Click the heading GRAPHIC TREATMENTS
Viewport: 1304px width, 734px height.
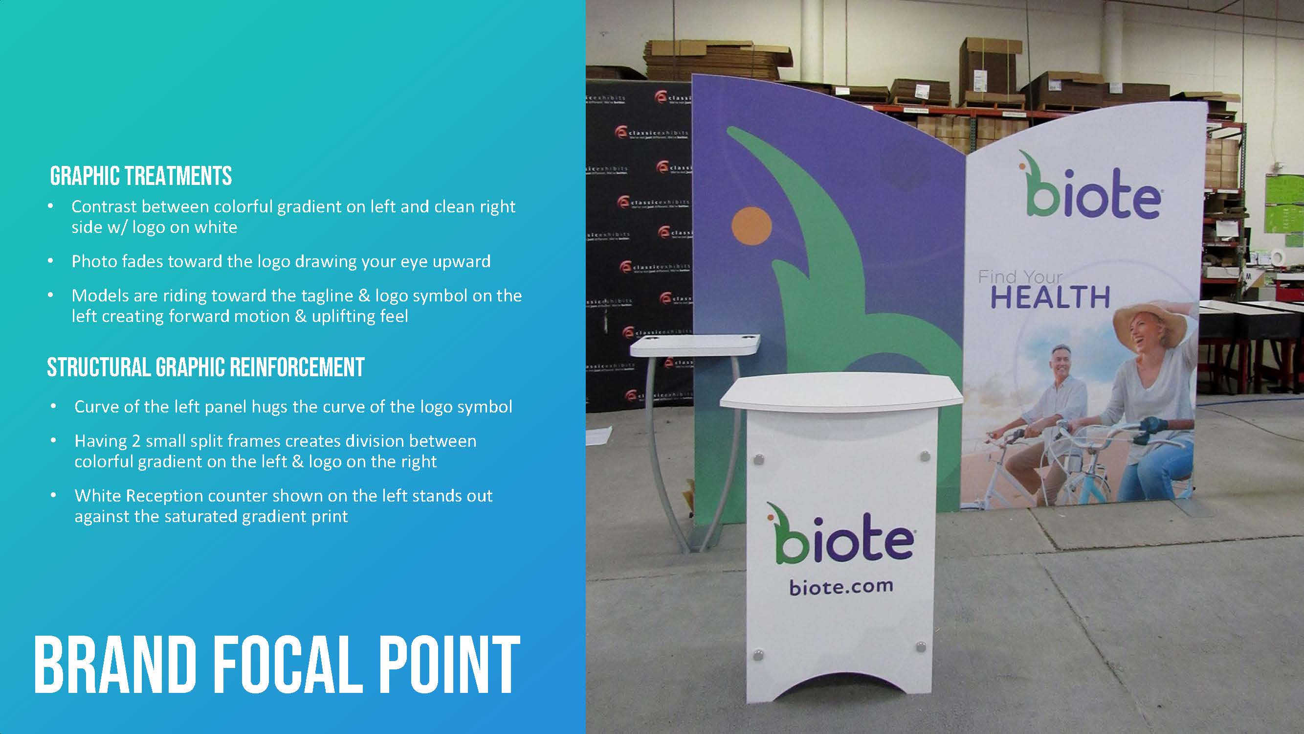pyautogui.click(x=141, y=176)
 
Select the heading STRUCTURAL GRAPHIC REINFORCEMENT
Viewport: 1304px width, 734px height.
pyautogui.click(x=205, y=367)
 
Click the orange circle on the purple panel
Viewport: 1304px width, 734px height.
pyautogui.click(x=751, y=227)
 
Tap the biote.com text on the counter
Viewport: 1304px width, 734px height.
pyautogui.click(x=841, y=587)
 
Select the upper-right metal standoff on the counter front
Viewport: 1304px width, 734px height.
pyautogui.click(x=926, y=457)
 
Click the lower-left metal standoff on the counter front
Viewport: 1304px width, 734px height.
pyautogui.click(x=758, y=656)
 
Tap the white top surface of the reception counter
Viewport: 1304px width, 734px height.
pyautogui.click(x=840, y=392)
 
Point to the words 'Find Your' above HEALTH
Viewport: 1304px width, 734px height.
pyautogui.click(x=1019, y=277)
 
